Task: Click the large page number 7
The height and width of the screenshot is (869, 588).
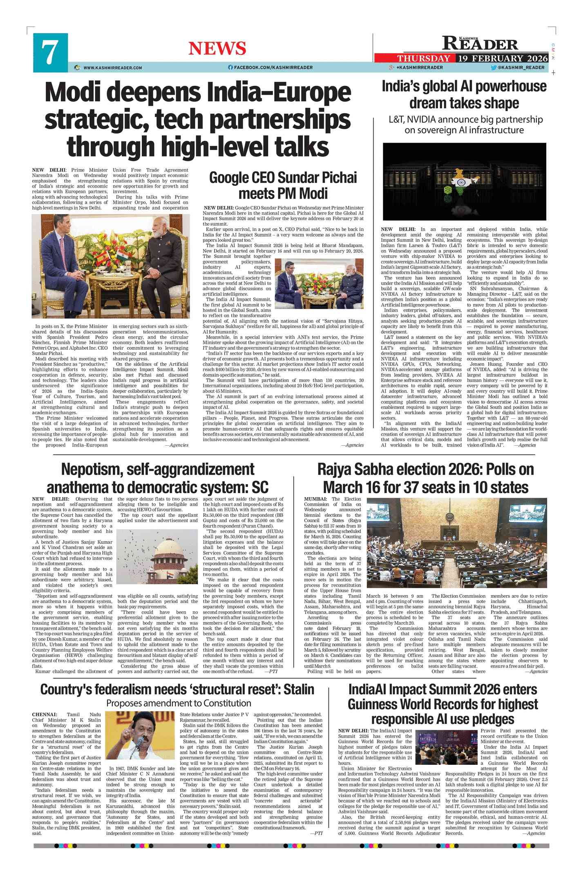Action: tap(50, 53)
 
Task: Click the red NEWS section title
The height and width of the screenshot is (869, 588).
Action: tap(217, 49)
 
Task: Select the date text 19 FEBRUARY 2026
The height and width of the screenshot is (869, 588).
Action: tap(502, 58)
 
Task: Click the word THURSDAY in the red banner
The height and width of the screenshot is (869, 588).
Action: tap(423, 58)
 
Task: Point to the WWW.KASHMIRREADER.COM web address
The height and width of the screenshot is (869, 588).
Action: tap(112, 68)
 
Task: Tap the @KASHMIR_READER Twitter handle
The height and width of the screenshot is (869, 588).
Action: tap(521, 67)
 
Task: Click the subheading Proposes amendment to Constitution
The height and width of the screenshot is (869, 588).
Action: tap(179, 704)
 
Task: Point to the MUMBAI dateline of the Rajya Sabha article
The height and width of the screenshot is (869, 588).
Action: tap(315, 499)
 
